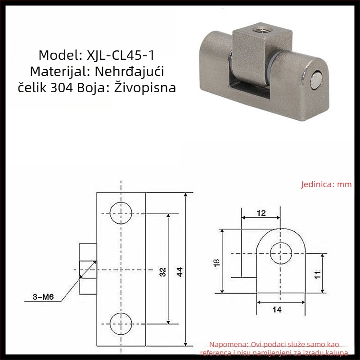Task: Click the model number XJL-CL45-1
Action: (x=120, y=55)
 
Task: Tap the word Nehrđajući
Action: (x=129, y=71)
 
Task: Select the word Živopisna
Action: (x=145, y=87)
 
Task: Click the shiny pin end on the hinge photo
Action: (x=316, y=81)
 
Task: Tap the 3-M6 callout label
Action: (x=43, y=297)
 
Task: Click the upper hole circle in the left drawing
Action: (x=121, y=213)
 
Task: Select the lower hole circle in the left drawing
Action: (x=121, y=324)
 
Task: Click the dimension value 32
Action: (x=162, y=272)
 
